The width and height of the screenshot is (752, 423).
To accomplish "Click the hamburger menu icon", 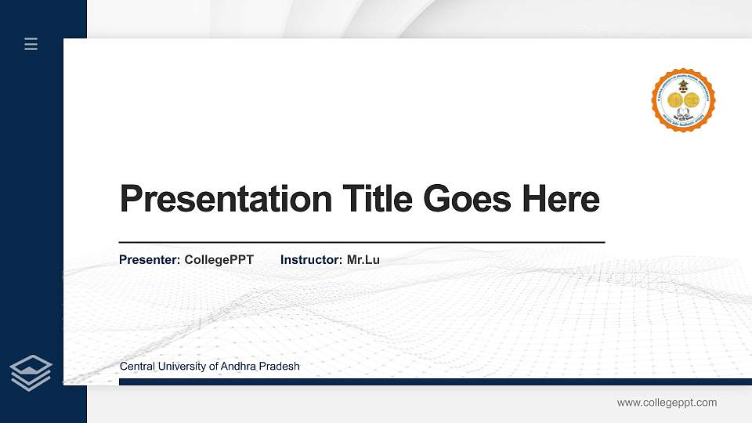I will tap(31, 44).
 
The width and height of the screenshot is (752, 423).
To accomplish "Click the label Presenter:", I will tap(150, 260).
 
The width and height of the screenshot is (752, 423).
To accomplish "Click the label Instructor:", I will tap(311, 260).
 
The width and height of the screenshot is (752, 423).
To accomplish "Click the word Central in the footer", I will tap(137, 367).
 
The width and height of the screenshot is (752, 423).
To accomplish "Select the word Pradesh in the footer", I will tap(281, 367).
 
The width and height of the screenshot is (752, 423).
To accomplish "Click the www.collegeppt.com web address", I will tap(667, 403).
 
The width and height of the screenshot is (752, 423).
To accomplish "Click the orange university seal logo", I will tap(683, 99).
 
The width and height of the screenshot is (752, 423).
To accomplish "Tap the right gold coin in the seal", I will tap(692, 99).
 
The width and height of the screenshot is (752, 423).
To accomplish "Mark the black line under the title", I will tap(361, 243).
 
